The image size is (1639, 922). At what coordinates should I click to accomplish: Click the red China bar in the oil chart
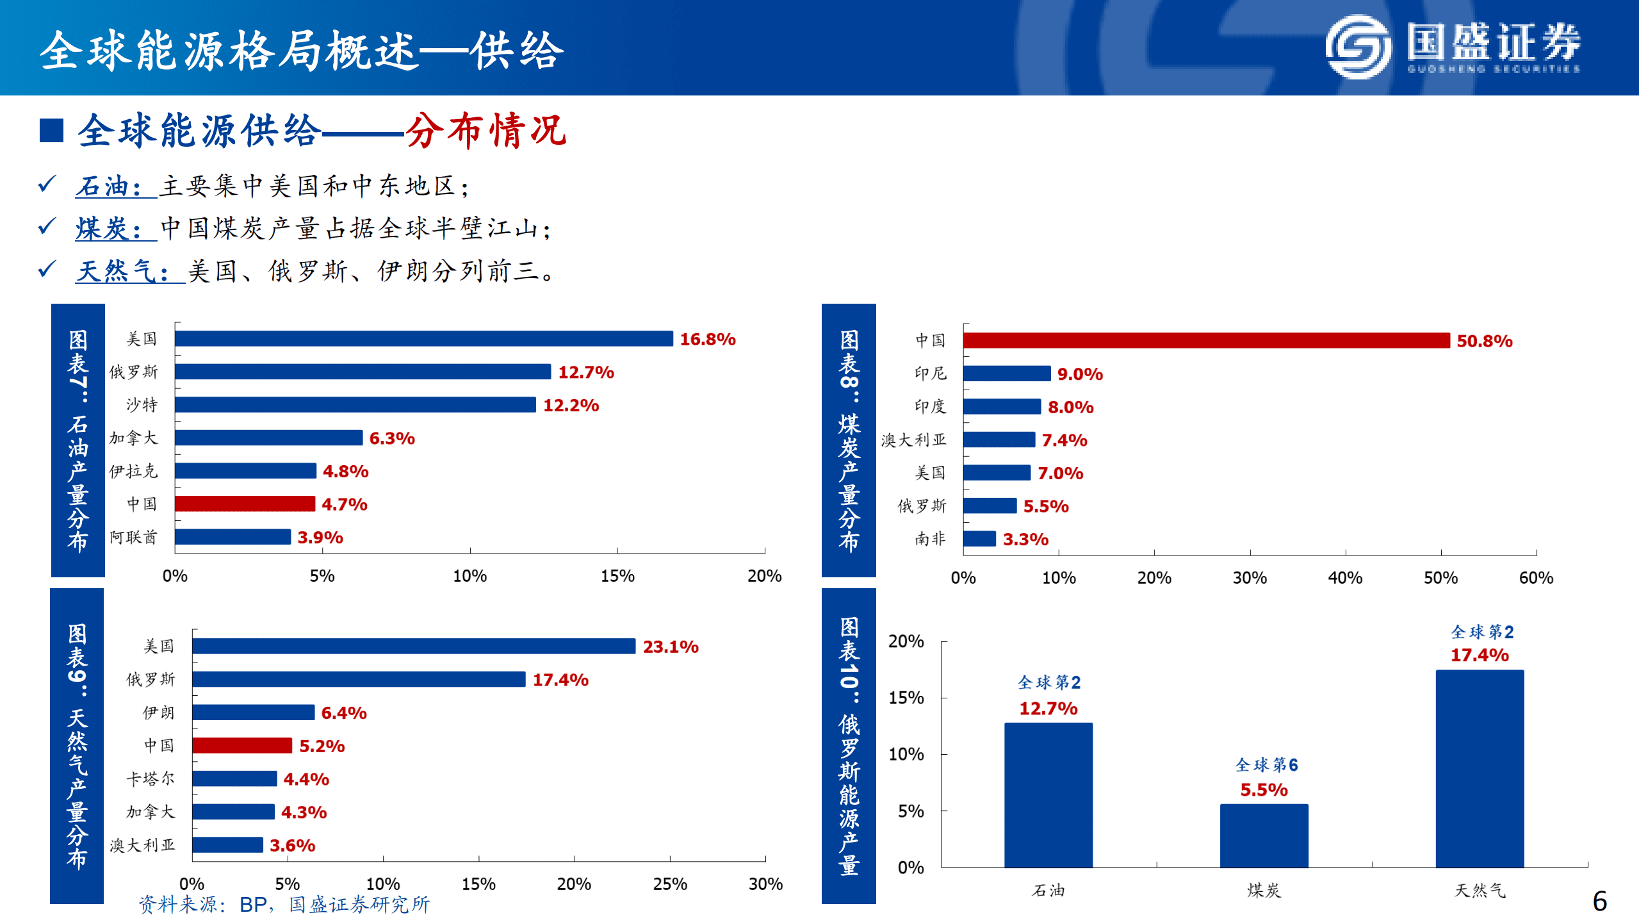pos(245,504)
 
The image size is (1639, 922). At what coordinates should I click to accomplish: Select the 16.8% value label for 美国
pos(707,340)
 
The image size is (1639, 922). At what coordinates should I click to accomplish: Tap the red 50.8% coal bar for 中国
pos(1205,341)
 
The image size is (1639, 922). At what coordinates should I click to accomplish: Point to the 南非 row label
pos(929,539)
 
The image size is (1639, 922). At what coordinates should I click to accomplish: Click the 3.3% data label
pos(1025,539)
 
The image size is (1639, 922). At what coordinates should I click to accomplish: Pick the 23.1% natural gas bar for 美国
pos(413,646)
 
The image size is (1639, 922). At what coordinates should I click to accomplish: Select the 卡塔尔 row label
pos(150,779)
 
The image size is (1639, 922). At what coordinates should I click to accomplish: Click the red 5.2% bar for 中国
pos(241,746)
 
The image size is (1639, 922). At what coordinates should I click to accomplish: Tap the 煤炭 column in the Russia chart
pos(1263,836)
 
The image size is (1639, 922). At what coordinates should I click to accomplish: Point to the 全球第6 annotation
pos(1266,765)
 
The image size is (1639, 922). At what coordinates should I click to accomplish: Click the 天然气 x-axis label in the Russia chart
pos(1479,891)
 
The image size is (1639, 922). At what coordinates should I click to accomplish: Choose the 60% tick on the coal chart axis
pos(1535,578)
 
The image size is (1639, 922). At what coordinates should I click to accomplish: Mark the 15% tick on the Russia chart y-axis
pos(906,698)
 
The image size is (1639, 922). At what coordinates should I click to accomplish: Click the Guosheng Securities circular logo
pos(1357,46)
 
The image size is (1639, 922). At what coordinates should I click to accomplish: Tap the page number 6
pos(1599,901)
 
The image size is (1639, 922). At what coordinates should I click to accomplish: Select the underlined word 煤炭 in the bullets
pos(102,229)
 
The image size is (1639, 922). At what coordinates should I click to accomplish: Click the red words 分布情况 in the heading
pos(485,131)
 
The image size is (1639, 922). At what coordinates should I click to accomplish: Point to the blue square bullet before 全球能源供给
pos(51,131)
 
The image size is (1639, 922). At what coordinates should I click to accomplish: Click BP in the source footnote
pos(253,904)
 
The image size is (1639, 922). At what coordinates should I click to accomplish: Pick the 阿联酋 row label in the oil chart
pos(133,537)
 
